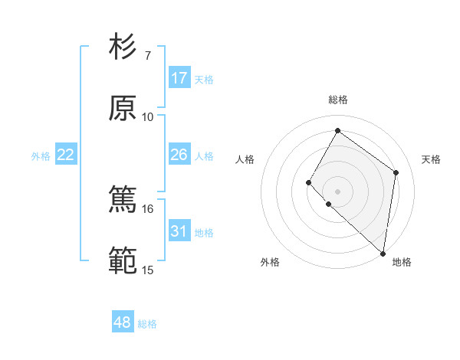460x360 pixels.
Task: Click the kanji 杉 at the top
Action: [x=123, y=47]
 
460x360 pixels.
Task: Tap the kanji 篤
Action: [x=123, y=201]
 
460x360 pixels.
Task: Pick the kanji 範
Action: [x=123, y=262]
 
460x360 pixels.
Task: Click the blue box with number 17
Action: [x=179, y=78]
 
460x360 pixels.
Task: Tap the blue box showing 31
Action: [x=179, y=231]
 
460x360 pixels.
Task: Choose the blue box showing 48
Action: [x=123, y=322]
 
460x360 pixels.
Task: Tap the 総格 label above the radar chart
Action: [x=337, y=100]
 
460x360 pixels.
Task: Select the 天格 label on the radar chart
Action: [x=431, y=159]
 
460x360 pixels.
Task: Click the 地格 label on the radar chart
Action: [x=402, y=262]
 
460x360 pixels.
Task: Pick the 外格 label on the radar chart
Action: [x=270, y=262]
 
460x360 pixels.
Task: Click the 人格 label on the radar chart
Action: [x=245, y=159]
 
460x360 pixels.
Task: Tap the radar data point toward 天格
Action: [x=396, y=172]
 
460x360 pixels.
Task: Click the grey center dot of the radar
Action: [x=337, y=191]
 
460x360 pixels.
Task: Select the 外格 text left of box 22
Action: [x=41, y=156]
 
